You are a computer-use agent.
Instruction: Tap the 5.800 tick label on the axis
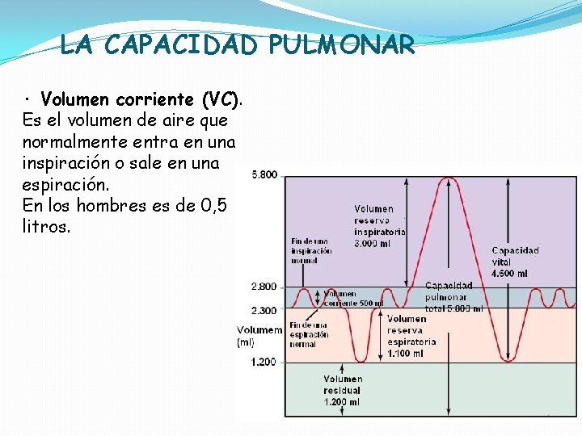[x=264, y=174]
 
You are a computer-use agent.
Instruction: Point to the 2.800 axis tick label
[x=264, y=287]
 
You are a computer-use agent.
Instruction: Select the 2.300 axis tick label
[x=264, y=310]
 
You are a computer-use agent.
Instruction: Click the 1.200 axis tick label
[x=264, y=362]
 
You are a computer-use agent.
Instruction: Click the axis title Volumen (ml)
[x=259, y=336]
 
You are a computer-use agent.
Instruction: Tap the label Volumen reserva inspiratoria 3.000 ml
[x=378, y=226]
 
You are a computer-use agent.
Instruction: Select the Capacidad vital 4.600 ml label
[x=516, y=262]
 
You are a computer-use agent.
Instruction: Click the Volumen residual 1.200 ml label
[x=343, y=390]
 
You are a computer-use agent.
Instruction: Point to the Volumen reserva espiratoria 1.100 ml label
[x=411, y=336]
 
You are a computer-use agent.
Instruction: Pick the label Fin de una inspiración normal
[x=311, y=250]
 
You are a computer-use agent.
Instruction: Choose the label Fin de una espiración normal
[x=309, y=334]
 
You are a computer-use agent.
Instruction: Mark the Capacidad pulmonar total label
[x=453, y=296]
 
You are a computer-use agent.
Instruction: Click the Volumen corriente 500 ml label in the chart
[x=352, y=299]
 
